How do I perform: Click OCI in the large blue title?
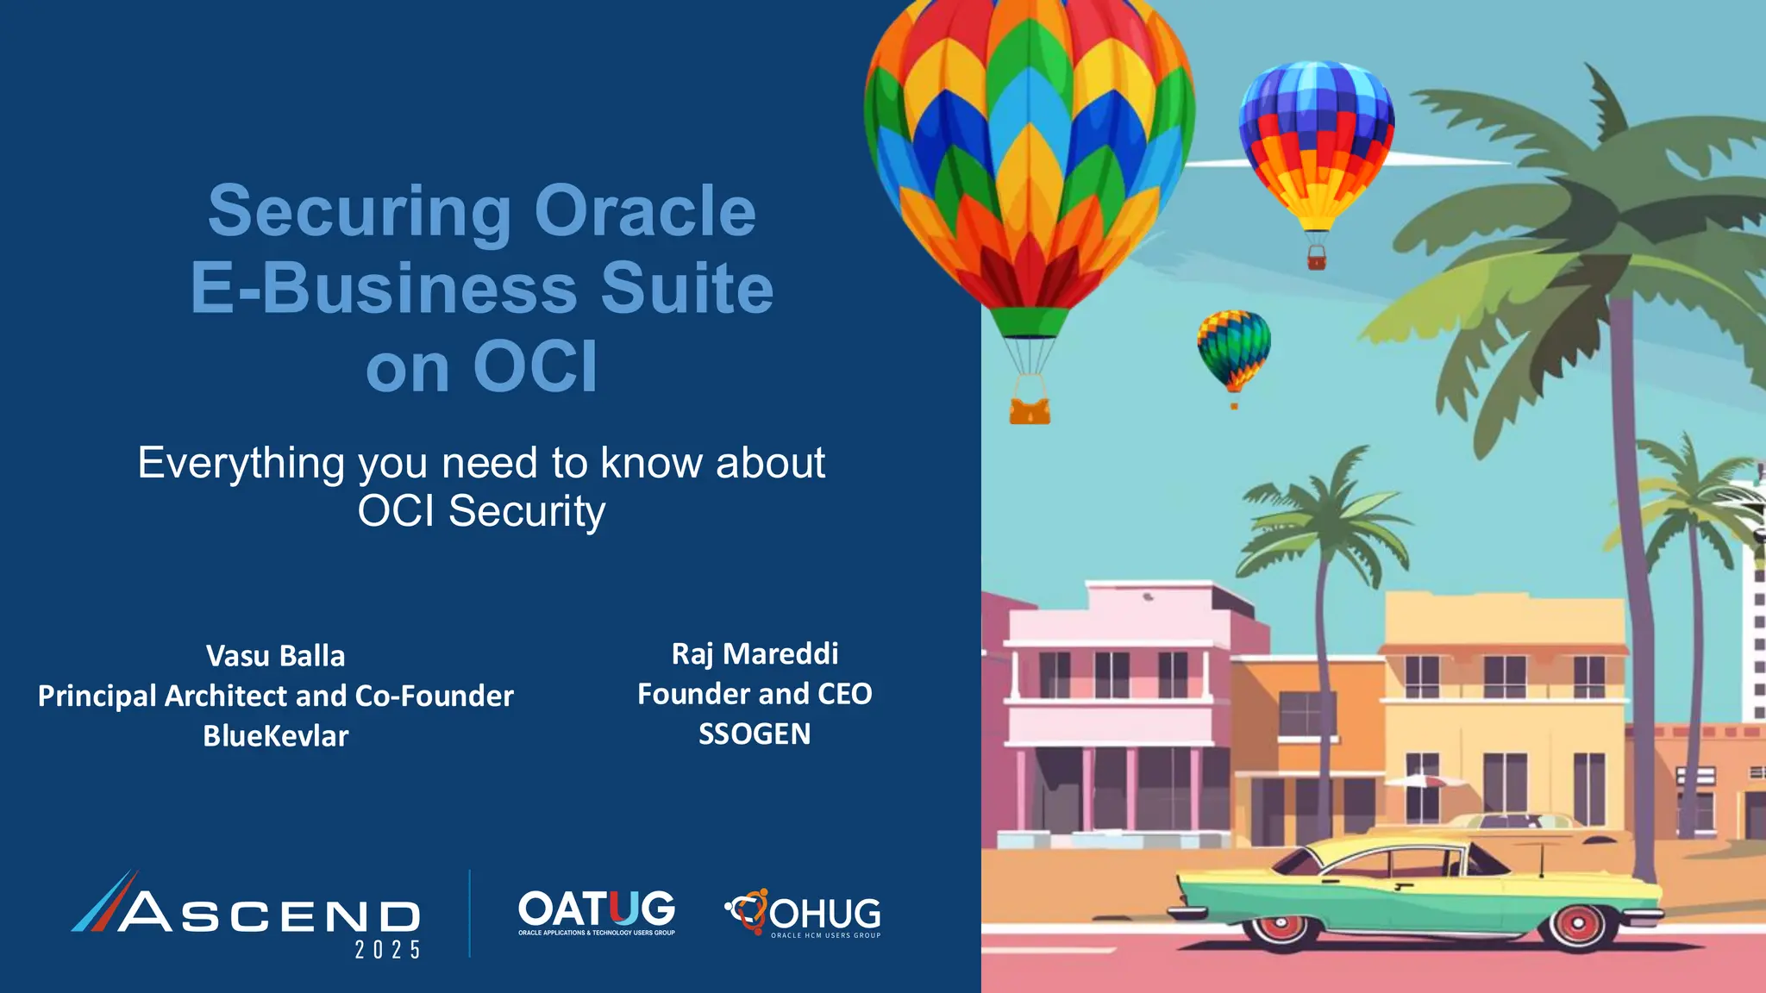pyautogui.click(x=535, y=367)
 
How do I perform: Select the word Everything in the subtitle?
pyautogui.click(x=241, y=464)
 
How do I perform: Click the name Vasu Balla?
pyautogui.click(x=275, y=656)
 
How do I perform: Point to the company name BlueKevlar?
pyautogui.click(x=275, y=736)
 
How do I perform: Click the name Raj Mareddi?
pyautogui.click(x=755, y=654)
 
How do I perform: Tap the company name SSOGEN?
pyautogui.click(x=755, y=734)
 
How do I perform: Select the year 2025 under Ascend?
pyautogui.click(x=388, y=950)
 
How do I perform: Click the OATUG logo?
pyautogui.click(x=597, y=912)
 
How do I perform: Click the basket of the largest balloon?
pyautogui.click(x=1030, y=409)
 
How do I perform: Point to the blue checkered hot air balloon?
pyautogui.click(x=1316, y=147)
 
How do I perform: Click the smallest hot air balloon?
pyautogui.click(x=1234, y=350)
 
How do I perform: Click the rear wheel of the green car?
pyautogui.click(x=1281, y=924)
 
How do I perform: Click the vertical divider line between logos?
pyautogui.click(x=470, y=914)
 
